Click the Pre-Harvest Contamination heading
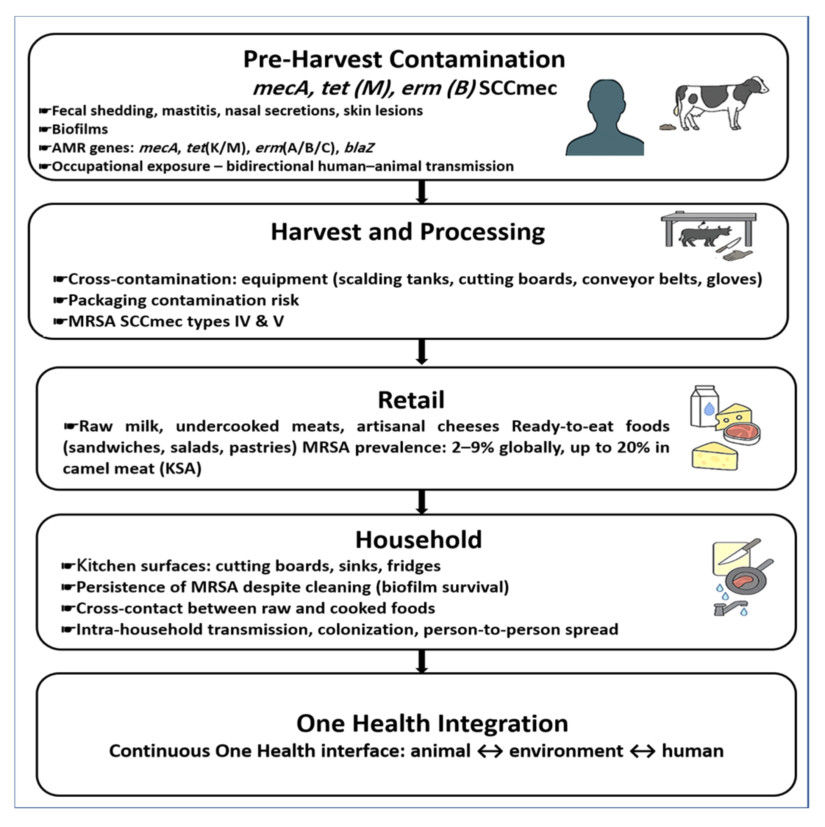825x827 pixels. [x=404, y=59]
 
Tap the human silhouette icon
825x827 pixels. [x=605, y=118]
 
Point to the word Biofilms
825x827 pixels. [x=80, y=129]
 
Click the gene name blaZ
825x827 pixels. [x=359, y=148]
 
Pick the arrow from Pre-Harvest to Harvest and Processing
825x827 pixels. [x=422, y=192]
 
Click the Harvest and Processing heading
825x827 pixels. [x=408, y=232]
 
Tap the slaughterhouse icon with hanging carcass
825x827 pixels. [x=708, y=235]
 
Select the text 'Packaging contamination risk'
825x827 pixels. [x=183, y=301]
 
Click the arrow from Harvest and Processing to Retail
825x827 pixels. [x=422, y=352]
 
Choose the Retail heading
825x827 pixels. [x=411, y=400]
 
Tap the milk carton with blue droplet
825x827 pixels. [x=704, y=407]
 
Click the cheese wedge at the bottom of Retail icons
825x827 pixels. [x=715, y=457]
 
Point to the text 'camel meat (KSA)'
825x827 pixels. [x=132, y=469]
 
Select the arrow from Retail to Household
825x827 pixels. [x=422, y=502]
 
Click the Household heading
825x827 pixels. [x=418, y=540]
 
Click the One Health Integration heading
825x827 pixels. [x=432, y=724]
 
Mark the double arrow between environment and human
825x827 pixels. [x=642, y=751]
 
